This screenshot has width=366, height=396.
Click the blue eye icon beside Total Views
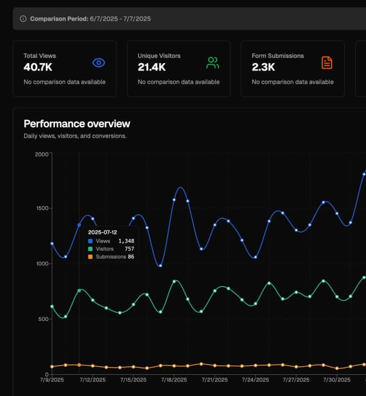[99, 63]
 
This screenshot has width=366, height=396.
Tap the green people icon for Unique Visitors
[213, 63]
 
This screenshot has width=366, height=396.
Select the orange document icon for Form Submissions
[327, 63]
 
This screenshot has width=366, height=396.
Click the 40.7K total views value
[38, 67]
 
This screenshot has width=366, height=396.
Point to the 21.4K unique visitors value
[152, 67]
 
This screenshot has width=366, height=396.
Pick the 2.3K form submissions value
[263, 67]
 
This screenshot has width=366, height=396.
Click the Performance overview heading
[77, 124]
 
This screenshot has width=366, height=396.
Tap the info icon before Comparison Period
[23, 19]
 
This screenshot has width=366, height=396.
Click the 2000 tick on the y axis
[41, 154]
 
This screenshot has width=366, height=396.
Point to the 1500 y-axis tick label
[41, 209]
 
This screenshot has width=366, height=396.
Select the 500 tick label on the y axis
[43, 319]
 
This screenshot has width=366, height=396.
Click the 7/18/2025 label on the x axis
[174, 379]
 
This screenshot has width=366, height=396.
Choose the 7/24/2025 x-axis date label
[255, 379]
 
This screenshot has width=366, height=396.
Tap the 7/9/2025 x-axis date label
[51, 379]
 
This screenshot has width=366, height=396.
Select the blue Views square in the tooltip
[90, 241]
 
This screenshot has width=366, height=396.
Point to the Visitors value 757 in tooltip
[129, 249]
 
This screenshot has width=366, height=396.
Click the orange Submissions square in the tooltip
[90, 257]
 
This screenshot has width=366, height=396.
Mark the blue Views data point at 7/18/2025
[174, 200]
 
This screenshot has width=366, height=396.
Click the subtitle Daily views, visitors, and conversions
[75, 136]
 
